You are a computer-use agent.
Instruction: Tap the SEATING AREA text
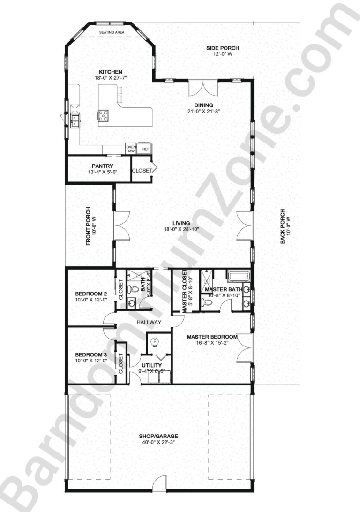tap(111, 32)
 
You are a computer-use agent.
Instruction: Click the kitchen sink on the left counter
tap(75, 121)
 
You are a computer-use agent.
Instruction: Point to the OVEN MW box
tap(131, 149)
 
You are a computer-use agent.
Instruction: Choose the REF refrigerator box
tap(146, 149)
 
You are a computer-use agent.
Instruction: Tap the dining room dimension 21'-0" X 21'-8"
tap(203, 111)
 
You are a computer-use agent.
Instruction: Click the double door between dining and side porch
tap(203, 87)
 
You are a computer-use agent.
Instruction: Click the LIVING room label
tap(180, 223)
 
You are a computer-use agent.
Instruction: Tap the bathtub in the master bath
tap(237, 276)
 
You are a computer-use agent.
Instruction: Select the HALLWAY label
tap(149, 322)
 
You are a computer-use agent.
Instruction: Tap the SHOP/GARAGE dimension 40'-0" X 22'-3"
tap(157, 442)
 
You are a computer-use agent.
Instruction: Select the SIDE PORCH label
tap(223, 48)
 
